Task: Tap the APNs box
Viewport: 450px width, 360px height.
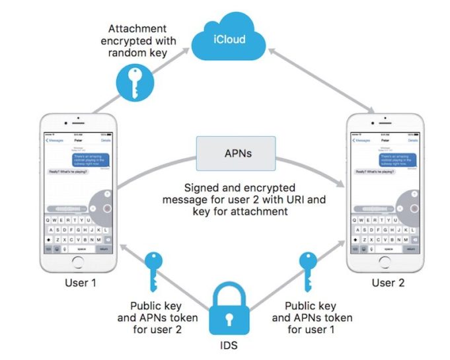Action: click(236, 153)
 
